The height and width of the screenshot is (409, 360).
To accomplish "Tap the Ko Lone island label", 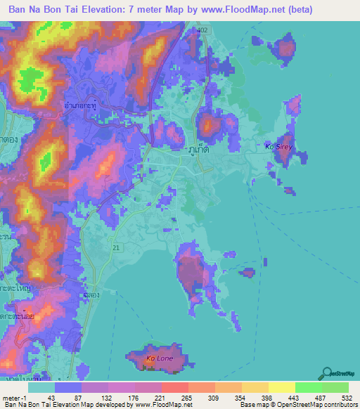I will pos(159,359).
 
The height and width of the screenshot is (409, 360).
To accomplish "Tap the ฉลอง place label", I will pos(89,296).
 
